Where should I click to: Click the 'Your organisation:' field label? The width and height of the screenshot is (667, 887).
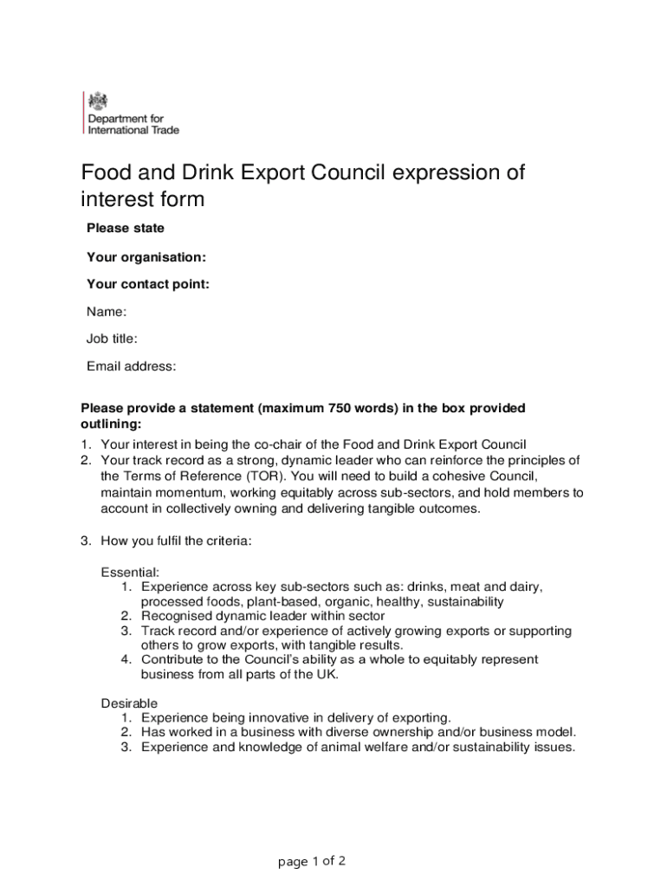tap(146, 257)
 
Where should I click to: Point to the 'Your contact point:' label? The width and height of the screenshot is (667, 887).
tap(148, 284)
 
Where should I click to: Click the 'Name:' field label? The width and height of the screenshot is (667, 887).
tap(107, 311)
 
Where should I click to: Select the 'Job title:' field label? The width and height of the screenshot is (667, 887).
tap(112, 339)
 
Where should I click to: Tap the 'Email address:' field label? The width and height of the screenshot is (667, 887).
tap(132, 366)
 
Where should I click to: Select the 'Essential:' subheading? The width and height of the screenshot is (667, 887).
tap(130, 573)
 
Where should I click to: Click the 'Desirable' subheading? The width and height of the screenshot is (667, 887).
tap(129, 702)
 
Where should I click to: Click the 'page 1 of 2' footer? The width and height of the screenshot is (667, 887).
tap(312, 861)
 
